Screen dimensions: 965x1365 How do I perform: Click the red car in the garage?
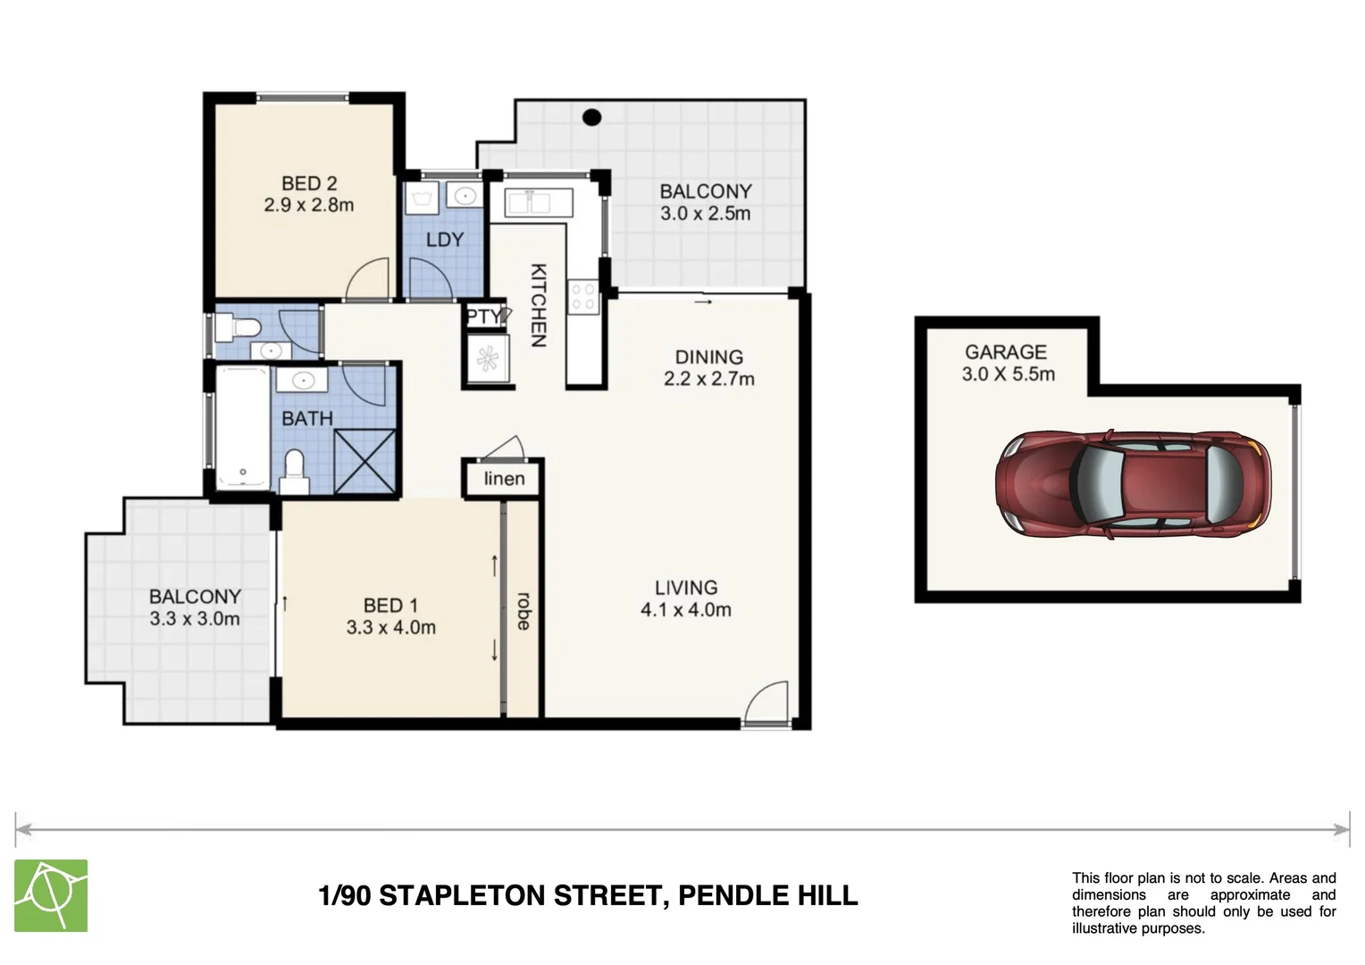[x=1133, y=484]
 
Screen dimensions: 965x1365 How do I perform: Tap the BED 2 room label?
[x=309, y=183]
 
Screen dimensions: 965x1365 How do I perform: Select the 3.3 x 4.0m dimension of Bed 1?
[x=391, y=628]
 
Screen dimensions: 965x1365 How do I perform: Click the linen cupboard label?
[x=504, y=479]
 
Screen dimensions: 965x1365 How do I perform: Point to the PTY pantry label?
[x=483, y=316]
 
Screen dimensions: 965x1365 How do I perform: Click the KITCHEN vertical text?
[x=539, y=305]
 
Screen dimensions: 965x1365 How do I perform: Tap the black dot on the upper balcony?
[x=591, y=117]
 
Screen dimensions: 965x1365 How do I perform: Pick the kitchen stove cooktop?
[x=584, y=296]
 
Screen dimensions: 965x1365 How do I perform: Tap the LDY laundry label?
[x=444, y=239]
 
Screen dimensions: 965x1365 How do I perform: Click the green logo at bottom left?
[x=51, y=895]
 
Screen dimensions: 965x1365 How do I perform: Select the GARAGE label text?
[x=1005, y=352]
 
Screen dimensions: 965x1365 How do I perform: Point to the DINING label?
[x=708, y=357]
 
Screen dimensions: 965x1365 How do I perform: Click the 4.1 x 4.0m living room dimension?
[x=686, y=610]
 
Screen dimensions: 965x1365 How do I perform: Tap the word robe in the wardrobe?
[x=523, y=611]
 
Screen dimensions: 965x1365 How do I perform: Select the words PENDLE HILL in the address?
[x=768, y=895]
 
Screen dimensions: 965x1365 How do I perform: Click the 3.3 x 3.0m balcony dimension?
[x=195, y=619]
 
